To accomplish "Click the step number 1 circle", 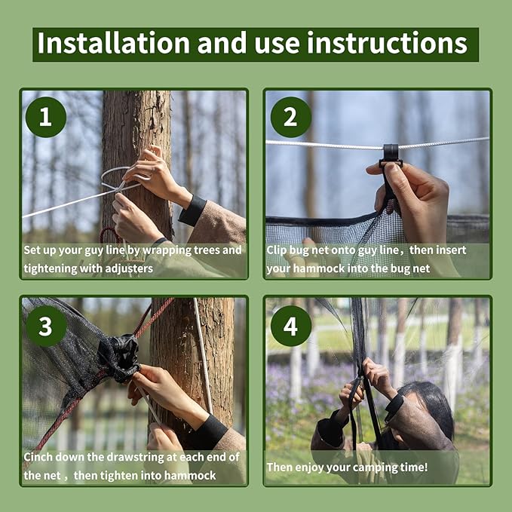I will [46, 118].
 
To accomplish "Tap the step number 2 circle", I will [290, 118].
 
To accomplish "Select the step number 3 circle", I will [46, 326].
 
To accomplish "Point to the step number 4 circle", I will [290, 326].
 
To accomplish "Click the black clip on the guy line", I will [390, 154].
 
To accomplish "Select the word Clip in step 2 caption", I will [278, 250].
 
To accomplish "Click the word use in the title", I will [292, 44].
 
